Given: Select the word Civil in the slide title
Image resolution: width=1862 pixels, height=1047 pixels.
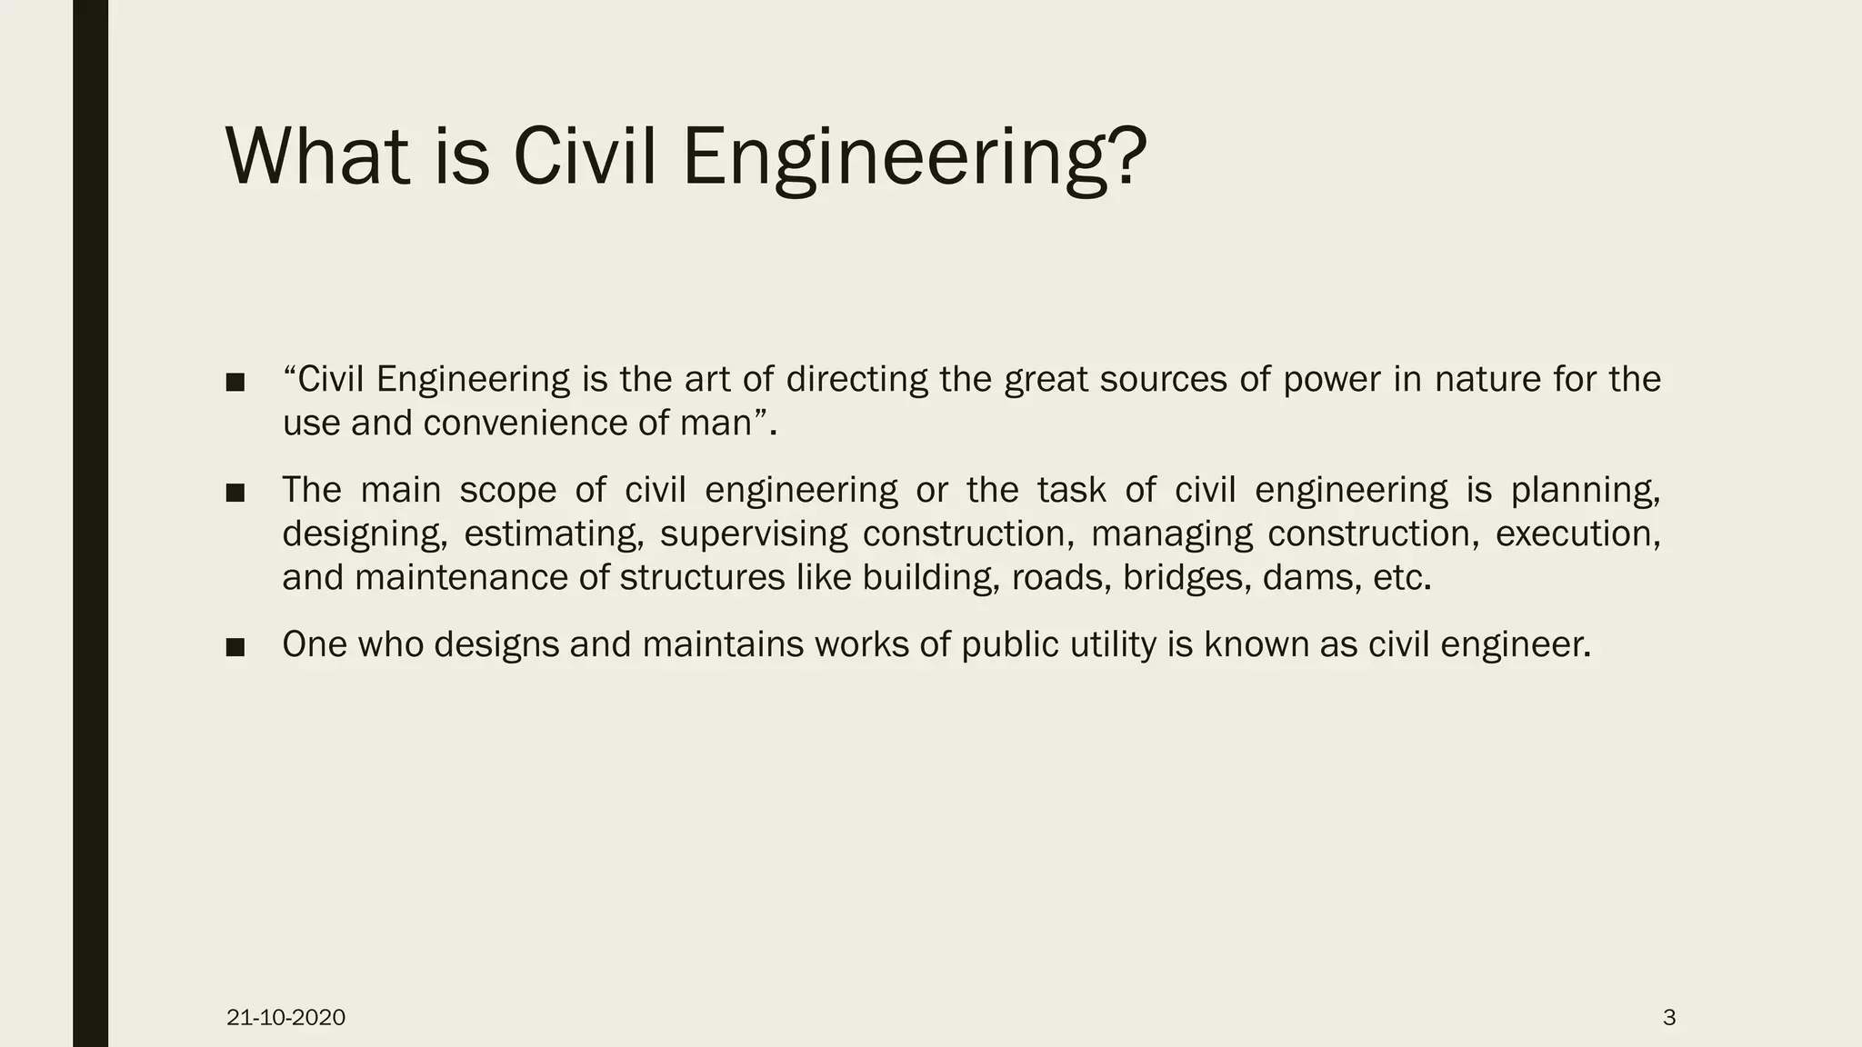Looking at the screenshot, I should point(584,156).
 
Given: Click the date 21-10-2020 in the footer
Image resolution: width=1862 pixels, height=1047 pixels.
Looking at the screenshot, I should point(285,1018).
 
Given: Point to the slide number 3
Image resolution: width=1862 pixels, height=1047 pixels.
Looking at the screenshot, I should point(1668,1018).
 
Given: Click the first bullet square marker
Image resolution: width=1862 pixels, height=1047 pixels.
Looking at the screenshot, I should point(235,382).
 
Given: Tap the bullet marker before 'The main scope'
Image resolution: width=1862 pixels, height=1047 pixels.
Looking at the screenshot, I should point(235,493).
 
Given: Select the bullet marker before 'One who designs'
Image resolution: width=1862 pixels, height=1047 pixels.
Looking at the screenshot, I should point(235,647).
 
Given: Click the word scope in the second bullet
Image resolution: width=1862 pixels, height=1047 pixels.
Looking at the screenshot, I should point(507,491).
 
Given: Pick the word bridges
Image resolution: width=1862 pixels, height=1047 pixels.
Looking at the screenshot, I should point(1186,578).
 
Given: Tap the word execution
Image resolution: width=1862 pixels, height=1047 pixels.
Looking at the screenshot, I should point(1577,534).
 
